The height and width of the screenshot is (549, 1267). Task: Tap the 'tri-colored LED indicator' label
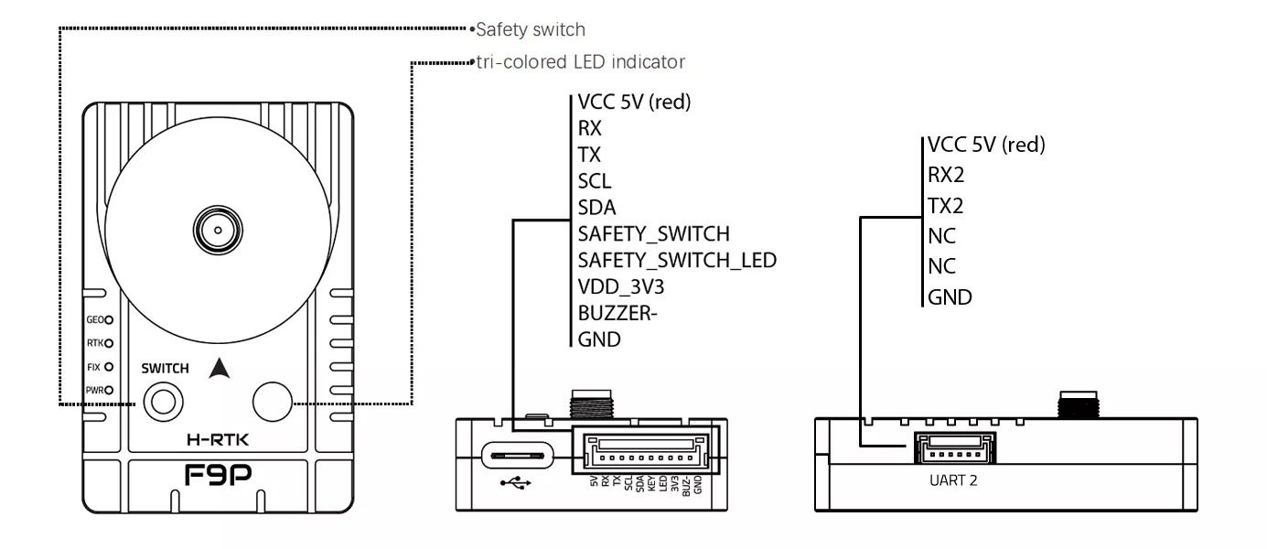coord(580,62)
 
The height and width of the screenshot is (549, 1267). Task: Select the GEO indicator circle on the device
coord(109,320)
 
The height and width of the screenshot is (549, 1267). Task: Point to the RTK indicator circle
coord(109,343)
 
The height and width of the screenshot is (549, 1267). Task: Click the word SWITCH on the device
coord(166,369)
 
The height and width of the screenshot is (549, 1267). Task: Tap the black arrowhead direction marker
coord(218,368)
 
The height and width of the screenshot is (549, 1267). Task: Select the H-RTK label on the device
coord(218,440)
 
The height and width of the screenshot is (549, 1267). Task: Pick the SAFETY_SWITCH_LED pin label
coord(677,260)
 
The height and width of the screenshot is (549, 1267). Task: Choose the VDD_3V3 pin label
coord(620,286)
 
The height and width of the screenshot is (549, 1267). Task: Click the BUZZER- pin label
coord(618,313)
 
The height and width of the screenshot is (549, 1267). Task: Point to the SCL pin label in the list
coord(595,181)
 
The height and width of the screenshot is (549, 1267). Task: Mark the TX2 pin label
coord(947,206)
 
